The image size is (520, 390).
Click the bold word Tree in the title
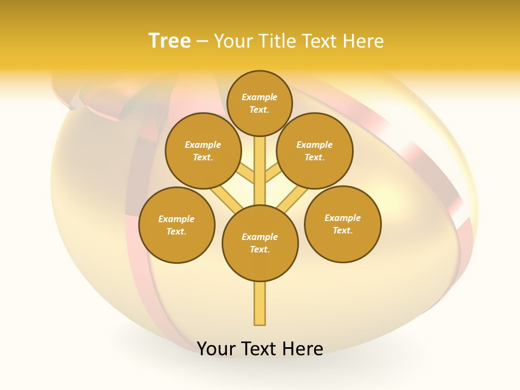point(170,41)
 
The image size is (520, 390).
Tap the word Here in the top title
point(362,41)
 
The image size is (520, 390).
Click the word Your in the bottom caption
point(216,348)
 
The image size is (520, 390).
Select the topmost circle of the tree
point(259,103)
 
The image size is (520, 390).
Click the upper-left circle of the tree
point(203,151)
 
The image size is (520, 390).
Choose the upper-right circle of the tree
point(315,151)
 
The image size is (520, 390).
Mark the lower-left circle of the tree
point(177,225)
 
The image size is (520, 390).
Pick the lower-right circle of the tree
point(342,224)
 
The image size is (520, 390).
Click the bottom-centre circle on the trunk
point(260,243)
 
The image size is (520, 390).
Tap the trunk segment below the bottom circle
point(260,303)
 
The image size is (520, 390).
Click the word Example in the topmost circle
point(259,97)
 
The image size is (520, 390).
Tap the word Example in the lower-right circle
point(342,218)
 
